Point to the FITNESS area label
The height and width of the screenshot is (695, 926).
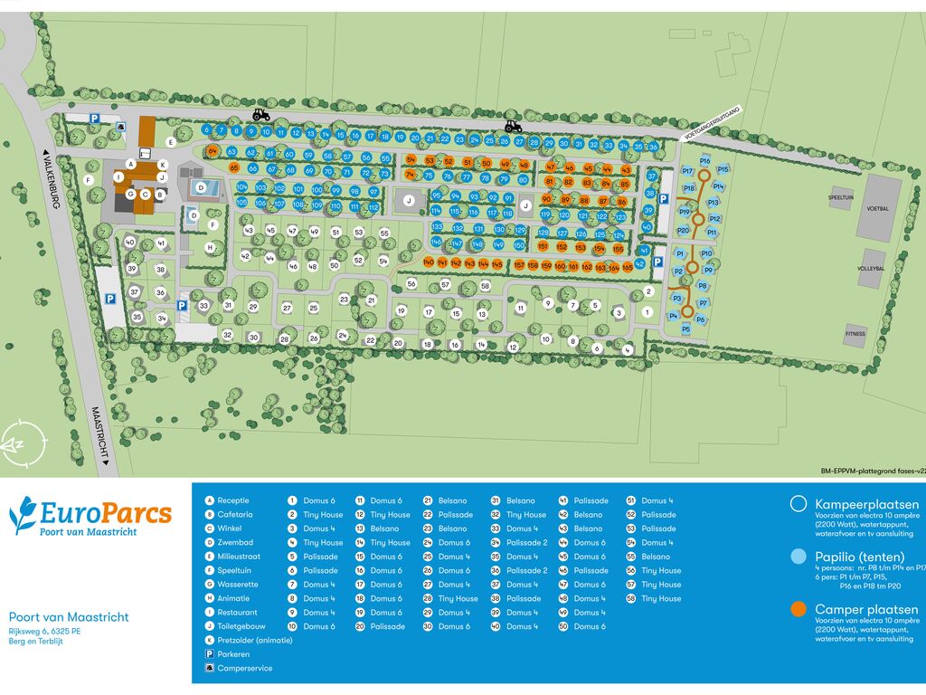pos(855,333)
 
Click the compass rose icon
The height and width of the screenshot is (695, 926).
pos(19,444)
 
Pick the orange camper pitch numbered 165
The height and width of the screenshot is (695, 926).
pos(627,267)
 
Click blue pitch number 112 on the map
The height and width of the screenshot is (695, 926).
pos(373,206)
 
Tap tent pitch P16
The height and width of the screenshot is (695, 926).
pos(704,160)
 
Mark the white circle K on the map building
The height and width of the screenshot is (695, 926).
pos(162,165)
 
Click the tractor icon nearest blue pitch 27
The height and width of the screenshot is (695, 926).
pos(512,128)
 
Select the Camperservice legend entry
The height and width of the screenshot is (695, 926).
pos(244,668)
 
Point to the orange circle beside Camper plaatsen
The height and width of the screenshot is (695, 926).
pos(798,609)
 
